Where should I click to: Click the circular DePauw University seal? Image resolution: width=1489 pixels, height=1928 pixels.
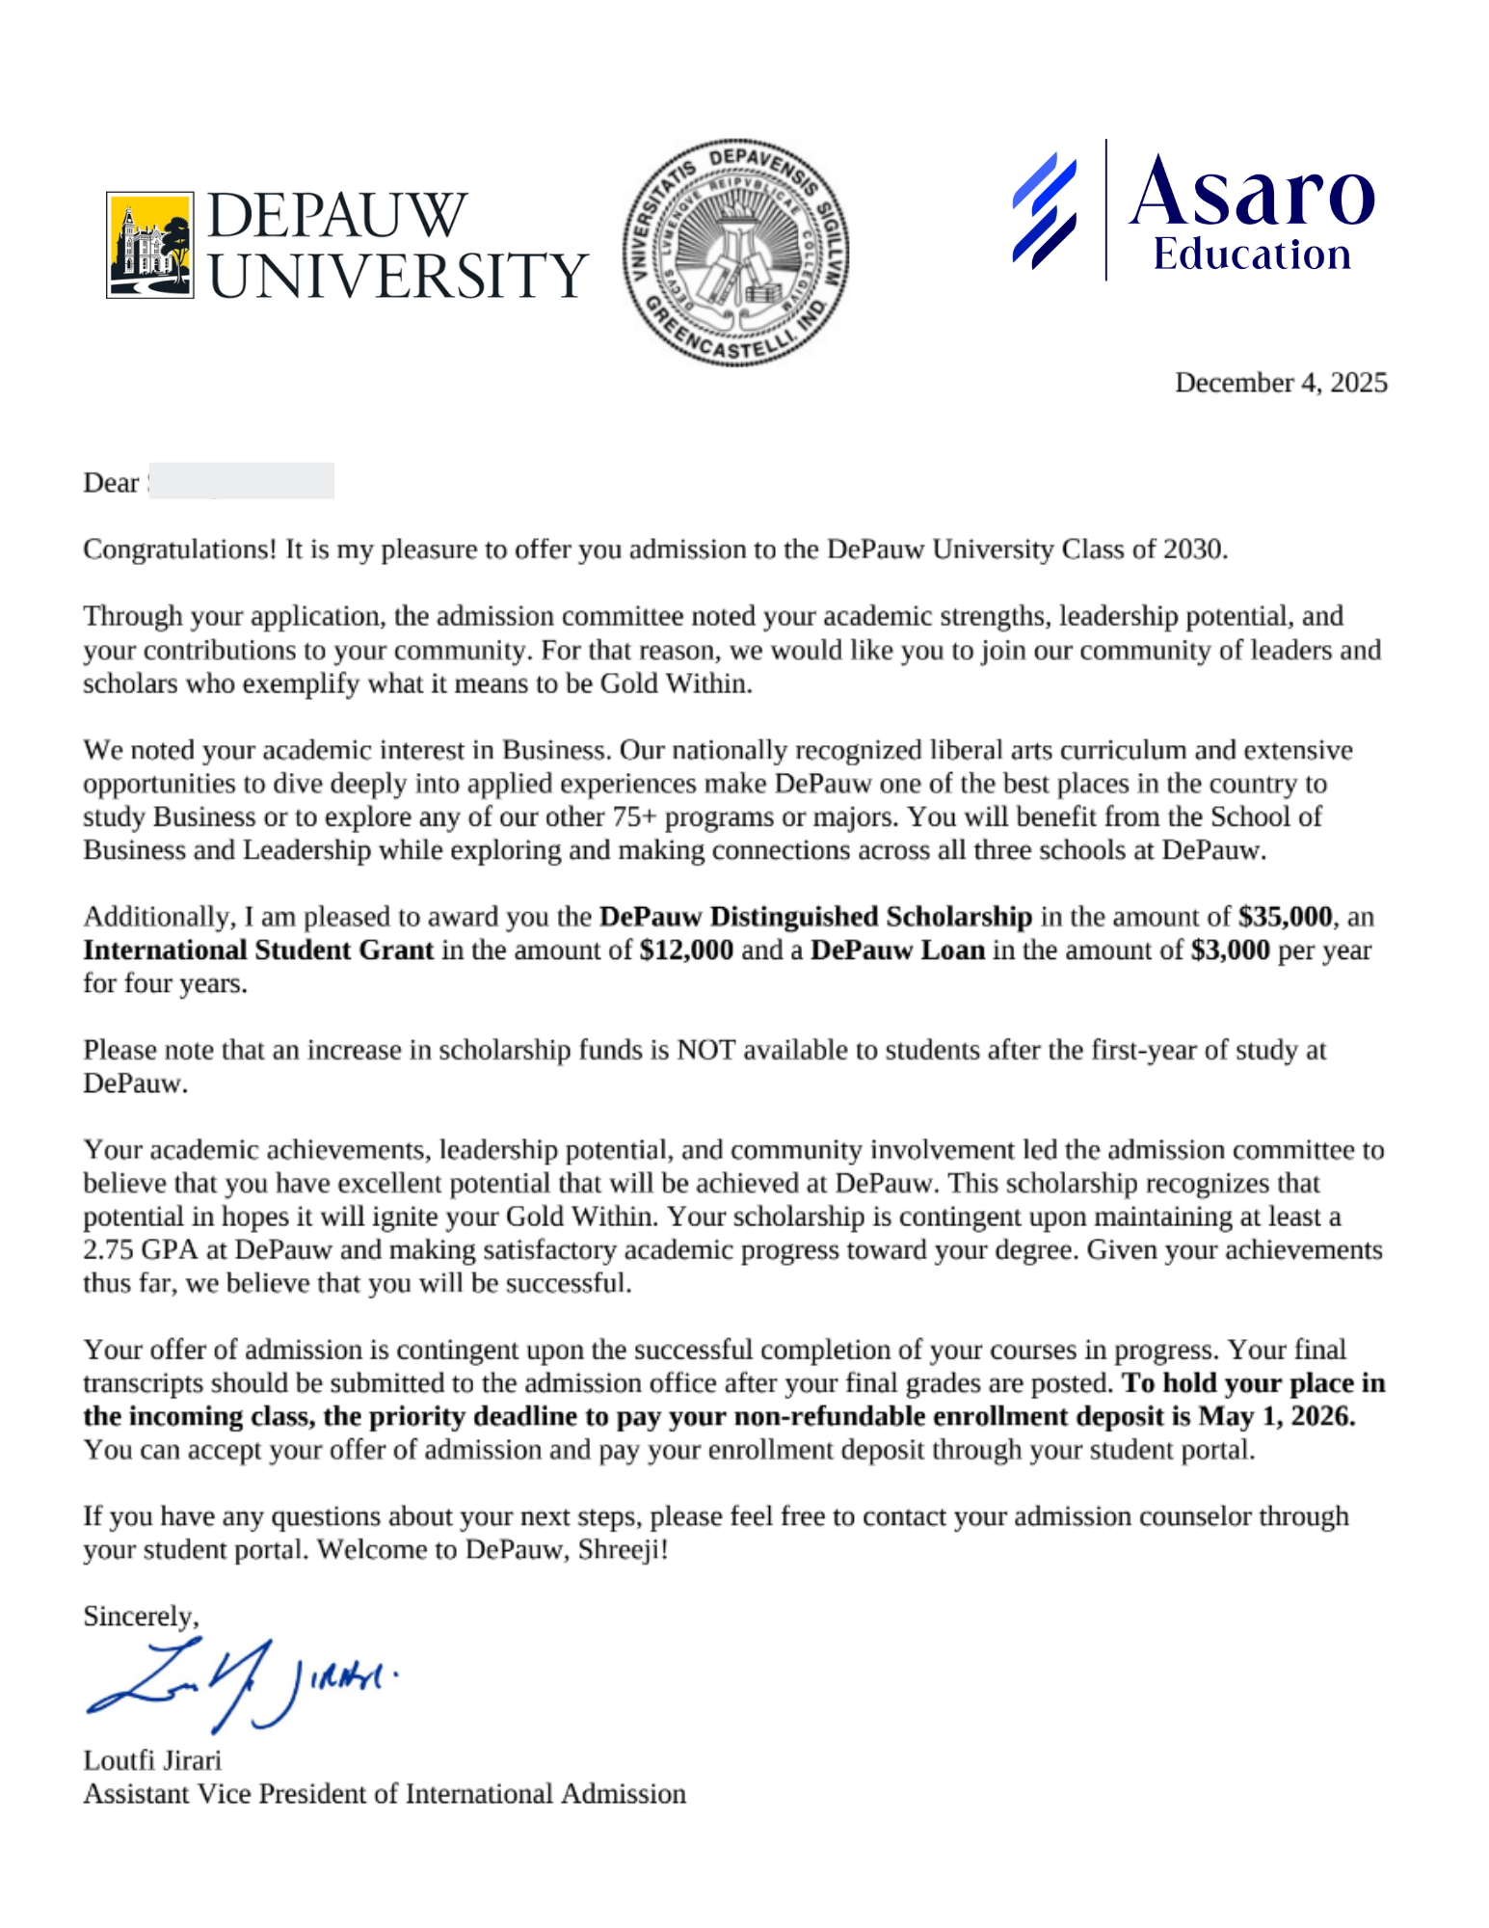click(735, 253)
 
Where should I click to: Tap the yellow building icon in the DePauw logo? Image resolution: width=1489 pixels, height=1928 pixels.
click(149, 245)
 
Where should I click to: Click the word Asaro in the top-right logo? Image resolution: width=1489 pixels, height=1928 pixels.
click(1251, 193)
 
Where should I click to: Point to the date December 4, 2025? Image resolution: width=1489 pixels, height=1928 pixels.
click(1280, 383)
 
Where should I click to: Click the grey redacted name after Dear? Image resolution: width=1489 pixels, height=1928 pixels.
click(241, 481)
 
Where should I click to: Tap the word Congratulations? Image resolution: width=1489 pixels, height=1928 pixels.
click(179, 549)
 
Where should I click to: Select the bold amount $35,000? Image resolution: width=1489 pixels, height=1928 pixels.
click(1285, 916)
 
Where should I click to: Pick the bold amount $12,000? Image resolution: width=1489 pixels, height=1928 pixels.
click(685, 950)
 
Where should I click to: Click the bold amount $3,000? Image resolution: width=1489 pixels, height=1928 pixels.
click(1230, 950)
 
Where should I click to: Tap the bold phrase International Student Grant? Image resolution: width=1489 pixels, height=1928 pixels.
click(258, 950)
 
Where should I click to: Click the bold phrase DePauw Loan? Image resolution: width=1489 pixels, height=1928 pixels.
click(897, 950)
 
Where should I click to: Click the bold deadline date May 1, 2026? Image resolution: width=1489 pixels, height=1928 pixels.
click(1276, 1416)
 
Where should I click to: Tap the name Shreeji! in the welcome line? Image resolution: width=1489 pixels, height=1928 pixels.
click(623, 1549)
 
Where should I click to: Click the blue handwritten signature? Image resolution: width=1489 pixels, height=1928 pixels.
click(241, 1682)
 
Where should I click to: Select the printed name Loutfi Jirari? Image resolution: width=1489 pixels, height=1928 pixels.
click(152, 1760)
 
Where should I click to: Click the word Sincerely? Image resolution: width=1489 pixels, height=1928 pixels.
click(141, 1616)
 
